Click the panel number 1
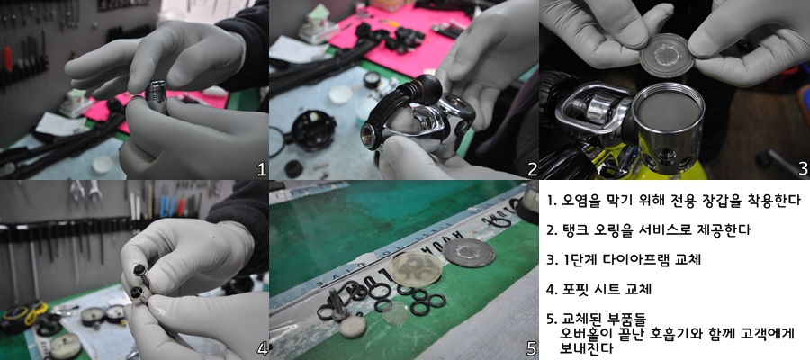pos(262,169)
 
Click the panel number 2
pos(532,169)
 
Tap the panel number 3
pos(803,169)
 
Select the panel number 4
pos(262,350)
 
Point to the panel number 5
pos(532,350)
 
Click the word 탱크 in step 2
pos(573,230)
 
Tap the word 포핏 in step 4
pos(573,289)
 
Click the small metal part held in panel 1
pos(156,94)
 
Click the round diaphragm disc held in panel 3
pos(666,55)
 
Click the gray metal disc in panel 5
pos(469,252)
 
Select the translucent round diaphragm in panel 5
pos(416,268)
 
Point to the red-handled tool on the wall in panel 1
pos(7,60)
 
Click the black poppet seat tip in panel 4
pos(139,271)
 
